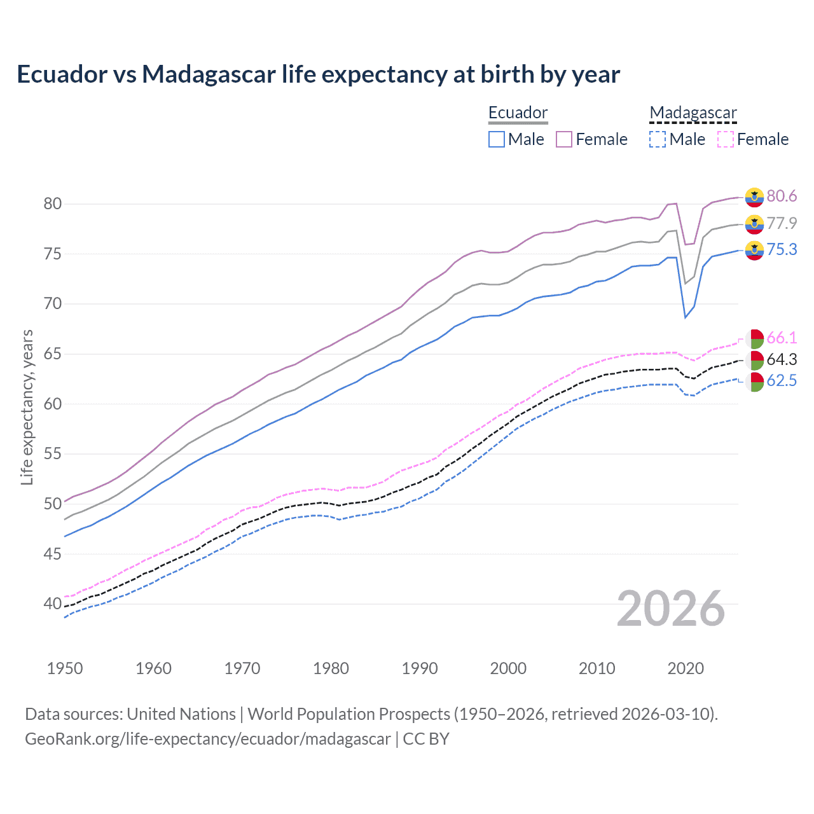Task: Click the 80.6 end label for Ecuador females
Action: point(782,196)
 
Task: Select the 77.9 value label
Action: point(782,223)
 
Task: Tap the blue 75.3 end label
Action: point(782,249)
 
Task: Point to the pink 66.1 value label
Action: point(782,338)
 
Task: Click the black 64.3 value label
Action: point(782,359)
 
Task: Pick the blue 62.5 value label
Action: point(782,381)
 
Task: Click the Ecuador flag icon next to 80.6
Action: point(754,197)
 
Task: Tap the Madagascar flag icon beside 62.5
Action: point(754,382)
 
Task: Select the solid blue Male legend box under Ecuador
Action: point(497,139)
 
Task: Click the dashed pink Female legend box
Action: point(726,139)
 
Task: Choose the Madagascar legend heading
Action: point(693,113)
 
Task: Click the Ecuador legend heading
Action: point(518,113)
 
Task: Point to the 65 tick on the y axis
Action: point(52,354)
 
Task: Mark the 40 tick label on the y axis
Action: point(52,604)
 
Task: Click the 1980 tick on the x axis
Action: point(331,668)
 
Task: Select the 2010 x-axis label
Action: point(597,668)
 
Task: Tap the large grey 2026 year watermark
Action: point(671,609)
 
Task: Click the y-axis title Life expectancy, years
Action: point(27,407)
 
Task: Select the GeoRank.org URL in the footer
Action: point(208,739)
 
